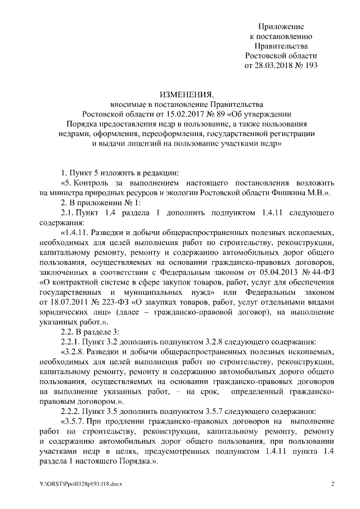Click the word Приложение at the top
pos(281,26)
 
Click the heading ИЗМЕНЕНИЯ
pos(178,93)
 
